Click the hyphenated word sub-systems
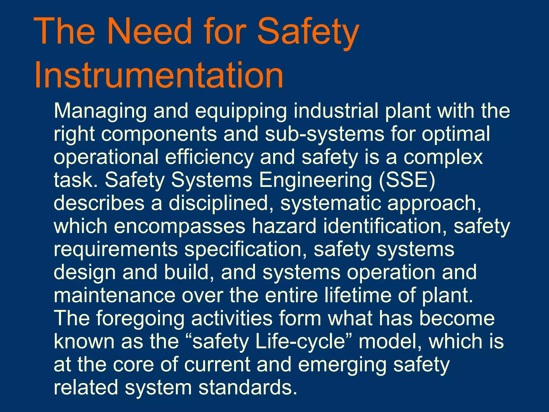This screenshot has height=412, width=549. click(x=325, y=134)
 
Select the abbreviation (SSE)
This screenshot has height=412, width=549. click(x=407, y=180)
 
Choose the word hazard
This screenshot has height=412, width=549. click(x=284, y=226)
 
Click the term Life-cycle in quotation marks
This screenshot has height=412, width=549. click(x=300, y=342)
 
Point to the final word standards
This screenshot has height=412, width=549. click(x=248, y=388)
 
